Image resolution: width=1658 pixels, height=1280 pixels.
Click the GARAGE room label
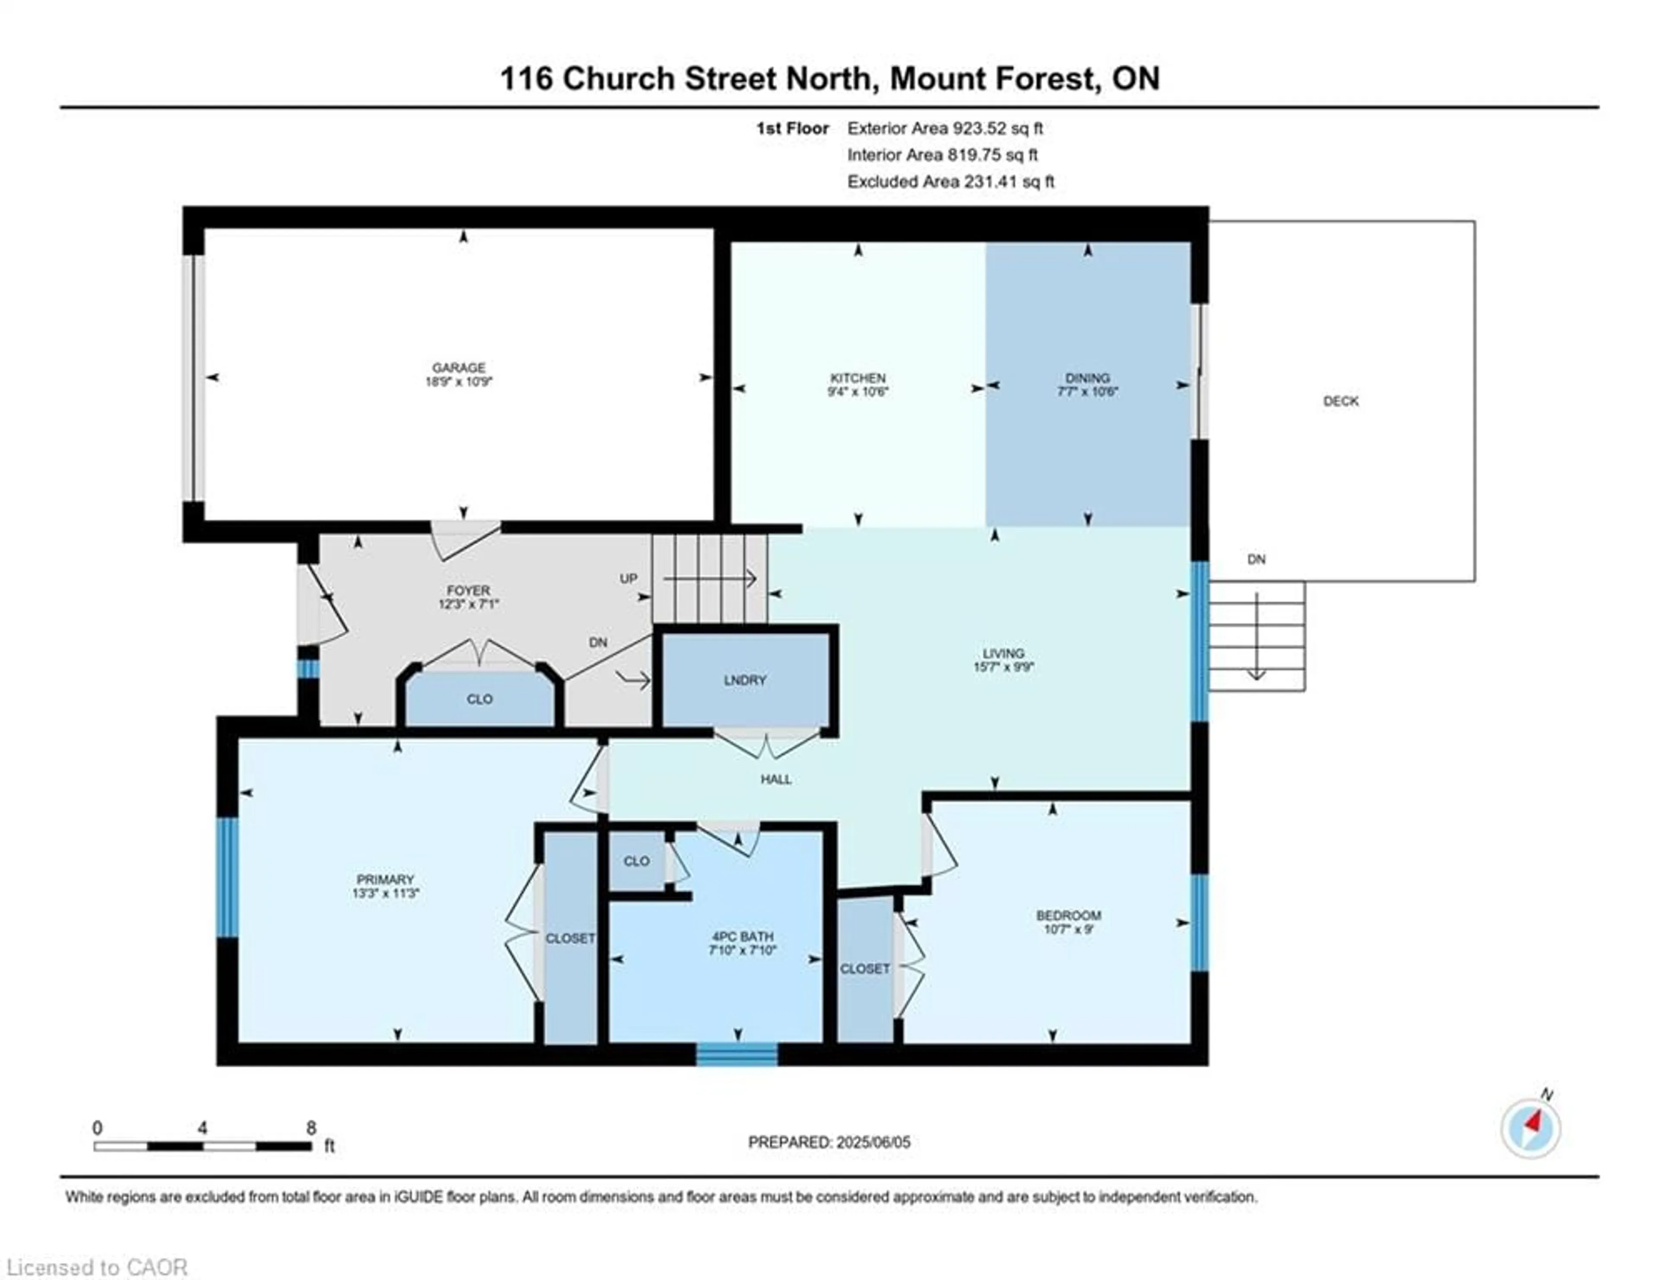tap(459, 368)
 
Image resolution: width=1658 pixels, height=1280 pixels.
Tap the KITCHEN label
tap(858, 378)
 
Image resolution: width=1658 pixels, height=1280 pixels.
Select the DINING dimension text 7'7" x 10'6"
tap(1087, 392)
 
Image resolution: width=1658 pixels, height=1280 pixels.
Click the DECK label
tap(1341, 401)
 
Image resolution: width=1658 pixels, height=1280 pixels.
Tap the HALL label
tap(776, 779)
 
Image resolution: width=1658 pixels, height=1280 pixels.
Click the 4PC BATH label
tap(742, 937)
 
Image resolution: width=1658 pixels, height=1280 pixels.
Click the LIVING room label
tap(1003, 653)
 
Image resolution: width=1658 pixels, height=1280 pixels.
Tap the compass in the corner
tap(1531, 1129)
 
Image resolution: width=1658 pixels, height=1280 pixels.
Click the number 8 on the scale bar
tap(311, 1128)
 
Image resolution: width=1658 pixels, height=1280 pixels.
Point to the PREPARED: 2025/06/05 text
tap(829, 1142)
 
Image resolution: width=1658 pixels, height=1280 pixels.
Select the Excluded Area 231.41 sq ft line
tap(950, 181)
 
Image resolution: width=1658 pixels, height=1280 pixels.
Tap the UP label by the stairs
tap(628, 579)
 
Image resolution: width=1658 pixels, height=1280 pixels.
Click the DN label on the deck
tap(1256, 560)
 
